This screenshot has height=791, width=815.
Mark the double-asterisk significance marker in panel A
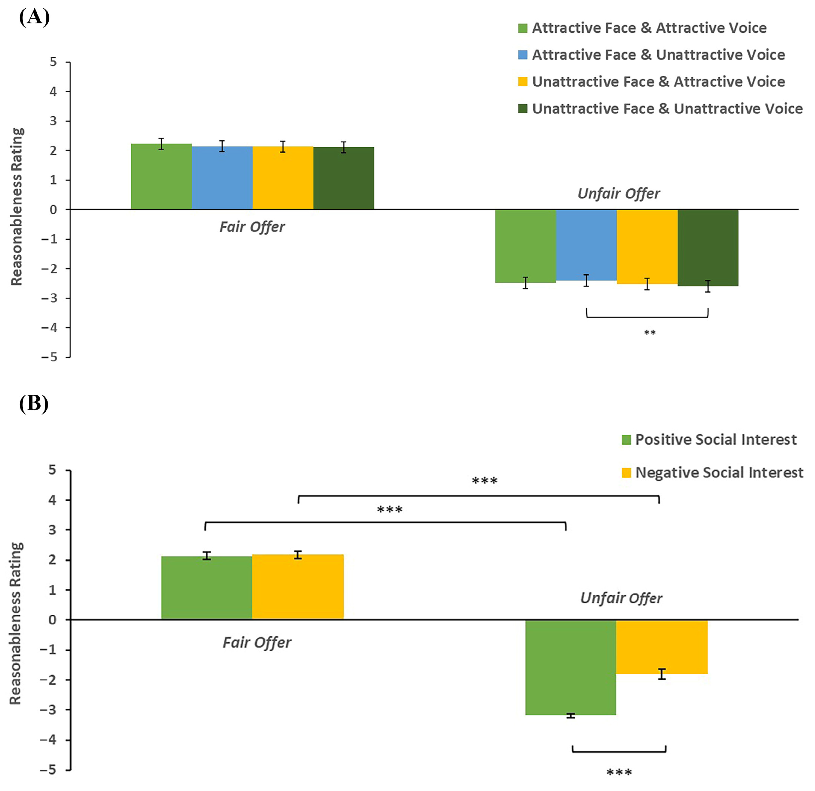coord(649,332)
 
